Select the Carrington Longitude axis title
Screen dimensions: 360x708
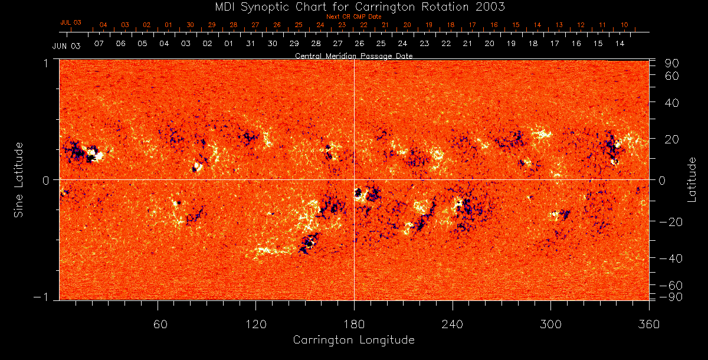(x=354, y=340)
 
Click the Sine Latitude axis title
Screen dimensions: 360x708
(x=18, y=179)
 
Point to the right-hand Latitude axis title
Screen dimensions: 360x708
(x=692, y=179)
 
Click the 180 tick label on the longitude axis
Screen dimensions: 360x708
(x=354, y=324)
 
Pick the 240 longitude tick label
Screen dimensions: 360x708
(x=453, y=324)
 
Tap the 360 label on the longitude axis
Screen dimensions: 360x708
(x=649, y=324)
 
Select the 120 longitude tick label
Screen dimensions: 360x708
(x=256, y=324)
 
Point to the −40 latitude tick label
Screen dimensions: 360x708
(x=670, y=258)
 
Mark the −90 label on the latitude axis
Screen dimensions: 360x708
(x=670, y=296)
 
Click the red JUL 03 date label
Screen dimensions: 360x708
(x=71, y=22)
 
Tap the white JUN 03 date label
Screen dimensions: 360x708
(x=66, y=45)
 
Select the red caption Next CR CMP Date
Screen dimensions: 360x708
(x=354, y=17)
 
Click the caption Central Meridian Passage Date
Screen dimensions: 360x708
(x=354, y=56)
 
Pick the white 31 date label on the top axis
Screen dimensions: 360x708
(x=251, y=44)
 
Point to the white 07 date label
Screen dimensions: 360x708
(x=99, y=44)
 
